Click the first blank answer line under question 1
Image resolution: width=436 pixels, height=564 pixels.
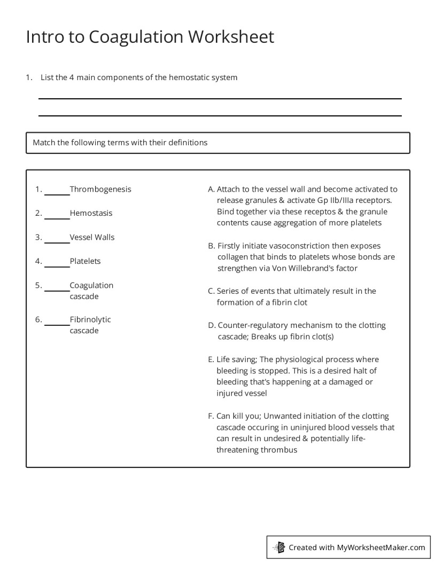[x=220, y=98]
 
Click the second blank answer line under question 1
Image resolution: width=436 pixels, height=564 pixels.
[x=220, y=115]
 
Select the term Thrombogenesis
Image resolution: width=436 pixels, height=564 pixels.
[x=100, y=189]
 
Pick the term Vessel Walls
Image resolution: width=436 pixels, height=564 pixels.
[x=92, y=237]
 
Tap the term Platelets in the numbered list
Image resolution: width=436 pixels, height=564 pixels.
[x=85, y=261]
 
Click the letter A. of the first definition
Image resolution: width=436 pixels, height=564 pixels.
[x=211, y=189]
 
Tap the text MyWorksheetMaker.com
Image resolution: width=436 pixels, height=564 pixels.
[x=381, y=547]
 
